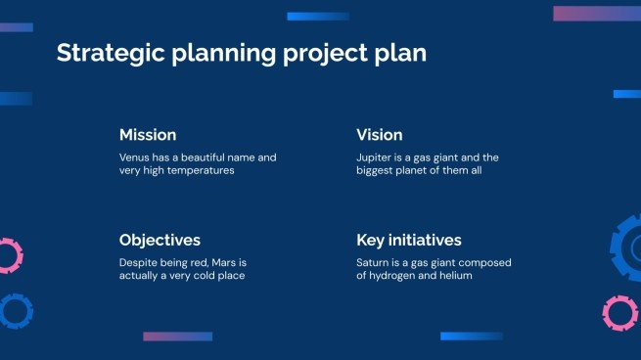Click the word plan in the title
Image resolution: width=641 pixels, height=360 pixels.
tap(403, 53)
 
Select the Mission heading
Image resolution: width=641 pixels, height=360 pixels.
tap(148, 135)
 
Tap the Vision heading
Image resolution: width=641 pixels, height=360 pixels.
tap(379, 135)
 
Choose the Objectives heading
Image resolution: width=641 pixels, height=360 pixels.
tap(160, 240)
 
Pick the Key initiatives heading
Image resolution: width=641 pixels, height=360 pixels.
tap(408, 240)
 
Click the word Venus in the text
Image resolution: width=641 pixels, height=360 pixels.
tap(135, 157)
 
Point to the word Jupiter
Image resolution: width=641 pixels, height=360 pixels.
tap(375, 157)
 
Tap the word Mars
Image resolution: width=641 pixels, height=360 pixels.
tap(227, 262)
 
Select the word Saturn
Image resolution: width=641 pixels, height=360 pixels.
tap(374, 262)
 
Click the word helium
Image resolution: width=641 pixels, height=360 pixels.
tap(455, 276)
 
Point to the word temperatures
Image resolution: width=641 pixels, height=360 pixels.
tap(200, 170)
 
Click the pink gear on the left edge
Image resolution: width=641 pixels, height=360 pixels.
tap(8, 255)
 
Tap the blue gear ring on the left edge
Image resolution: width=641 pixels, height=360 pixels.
tap(15, 311)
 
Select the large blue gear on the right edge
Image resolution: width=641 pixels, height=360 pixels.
tap(626, 248)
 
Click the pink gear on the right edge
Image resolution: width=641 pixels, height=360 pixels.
tap(619, 313)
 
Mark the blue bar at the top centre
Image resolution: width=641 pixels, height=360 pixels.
tap(318, 17)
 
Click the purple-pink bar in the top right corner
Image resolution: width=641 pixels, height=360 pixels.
tap(596, 14)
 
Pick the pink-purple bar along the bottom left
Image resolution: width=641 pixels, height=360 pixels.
tap(177, 337)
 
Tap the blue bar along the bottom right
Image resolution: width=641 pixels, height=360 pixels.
tap(471, 337)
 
